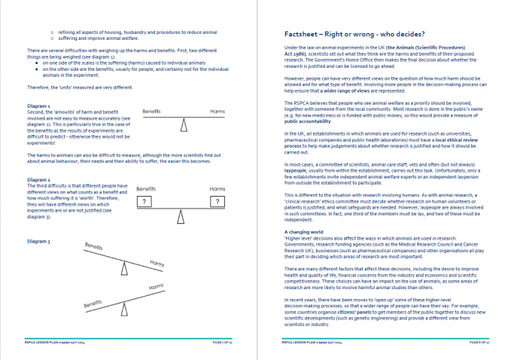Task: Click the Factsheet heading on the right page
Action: tap(354, 34)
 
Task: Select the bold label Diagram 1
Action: tap(38, 106)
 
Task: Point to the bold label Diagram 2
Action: tap(38, 180)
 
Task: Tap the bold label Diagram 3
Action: tap(38, 240)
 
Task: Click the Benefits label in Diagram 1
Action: tap(152, 111)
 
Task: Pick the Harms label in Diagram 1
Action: tap(217, 111)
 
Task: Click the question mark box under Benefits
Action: tap(143, 201)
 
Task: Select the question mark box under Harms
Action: tap(217, 201)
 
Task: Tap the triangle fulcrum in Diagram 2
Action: tap(181, 217)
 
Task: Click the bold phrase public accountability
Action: tap(306, 120)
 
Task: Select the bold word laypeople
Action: tap(300, 169)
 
